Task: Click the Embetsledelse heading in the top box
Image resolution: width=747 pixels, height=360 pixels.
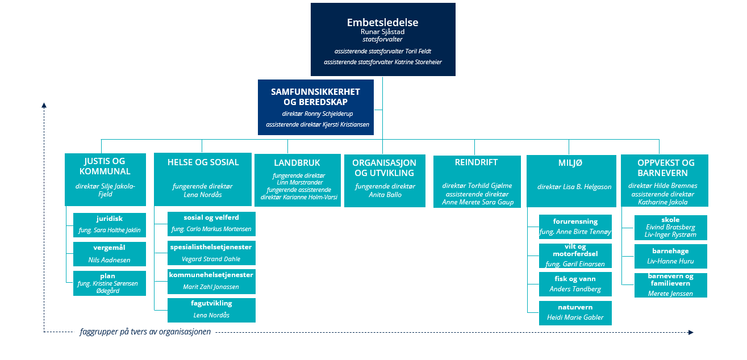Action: [382, 22]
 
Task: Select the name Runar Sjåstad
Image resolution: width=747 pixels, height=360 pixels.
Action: [382, 32]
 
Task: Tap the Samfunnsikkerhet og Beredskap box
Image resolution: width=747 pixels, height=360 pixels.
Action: [315, 107]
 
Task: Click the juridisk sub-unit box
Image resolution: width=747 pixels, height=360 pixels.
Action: [110, 225]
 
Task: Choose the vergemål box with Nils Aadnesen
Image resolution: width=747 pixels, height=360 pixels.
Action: [110, 254]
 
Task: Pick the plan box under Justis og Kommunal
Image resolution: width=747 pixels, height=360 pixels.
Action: [110, 283]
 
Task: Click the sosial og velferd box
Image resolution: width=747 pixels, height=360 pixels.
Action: [211, 224]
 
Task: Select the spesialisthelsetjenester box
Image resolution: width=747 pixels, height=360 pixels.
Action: [211, 253]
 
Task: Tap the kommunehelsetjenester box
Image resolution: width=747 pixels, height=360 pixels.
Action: [211, 282]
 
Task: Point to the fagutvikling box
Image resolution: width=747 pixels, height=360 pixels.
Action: [211, 311]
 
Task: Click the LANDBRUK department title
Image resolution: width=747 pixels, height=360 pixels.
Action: [297, 162]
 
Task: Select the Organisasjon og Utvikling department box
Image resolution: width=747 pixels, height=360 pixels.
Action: [385, 181]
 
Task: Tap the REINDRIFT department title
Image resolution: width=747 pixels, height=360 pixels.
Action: [476, 162]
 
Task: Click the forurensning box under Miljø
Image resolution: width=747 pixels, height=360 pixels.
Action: [575, 227]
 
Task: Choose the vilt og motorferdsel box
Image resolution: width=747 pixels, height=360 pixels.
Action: [575, 256]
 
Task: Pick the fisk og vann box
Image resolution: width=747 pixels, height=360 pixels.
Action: [575, 284]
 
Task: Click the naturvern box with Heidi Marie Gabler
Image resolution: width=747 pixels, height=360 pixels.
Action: [575, 313]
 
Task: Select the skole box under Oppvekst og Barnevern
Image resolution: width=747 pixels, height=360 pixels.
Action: [671, 228]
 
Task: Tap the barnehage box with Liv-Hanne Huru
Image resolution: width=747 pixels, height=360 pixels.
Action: [671, 256]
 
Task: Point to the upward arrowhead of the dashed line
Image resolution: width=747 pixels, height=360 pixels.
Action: [44, 106]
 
